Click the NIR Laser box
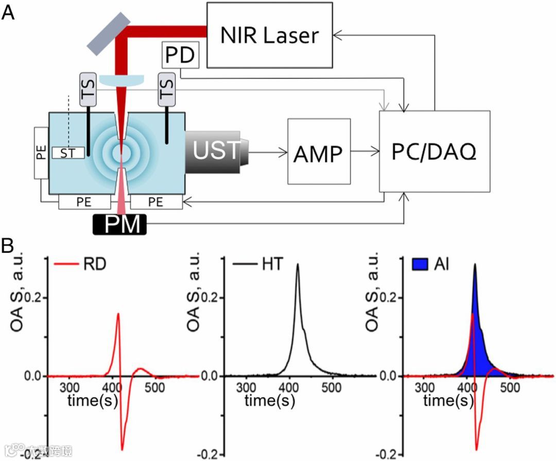[x=269, y=35]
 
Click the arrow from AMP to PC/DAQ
[x=364, y=151]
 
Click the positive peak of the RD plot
[x=118, y=313]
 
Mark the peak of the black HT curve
[x=297, y=265]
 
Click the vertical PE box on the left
[x=42, y=152]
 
